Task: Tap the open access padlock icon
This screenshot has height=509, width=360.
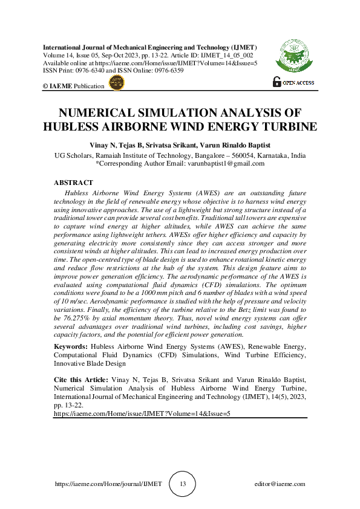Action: click(277, 82)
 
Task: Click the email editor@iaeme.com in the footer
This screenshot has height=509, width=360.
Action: click(280, 484)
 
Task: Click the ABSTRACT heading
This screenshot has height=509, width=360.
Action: click(73, 183)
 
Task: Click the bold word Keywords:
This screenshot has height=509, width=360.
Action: click(71, 346)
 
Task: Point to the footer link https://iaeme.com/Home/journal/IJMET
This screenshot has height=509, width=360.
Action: click(108, 484)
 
